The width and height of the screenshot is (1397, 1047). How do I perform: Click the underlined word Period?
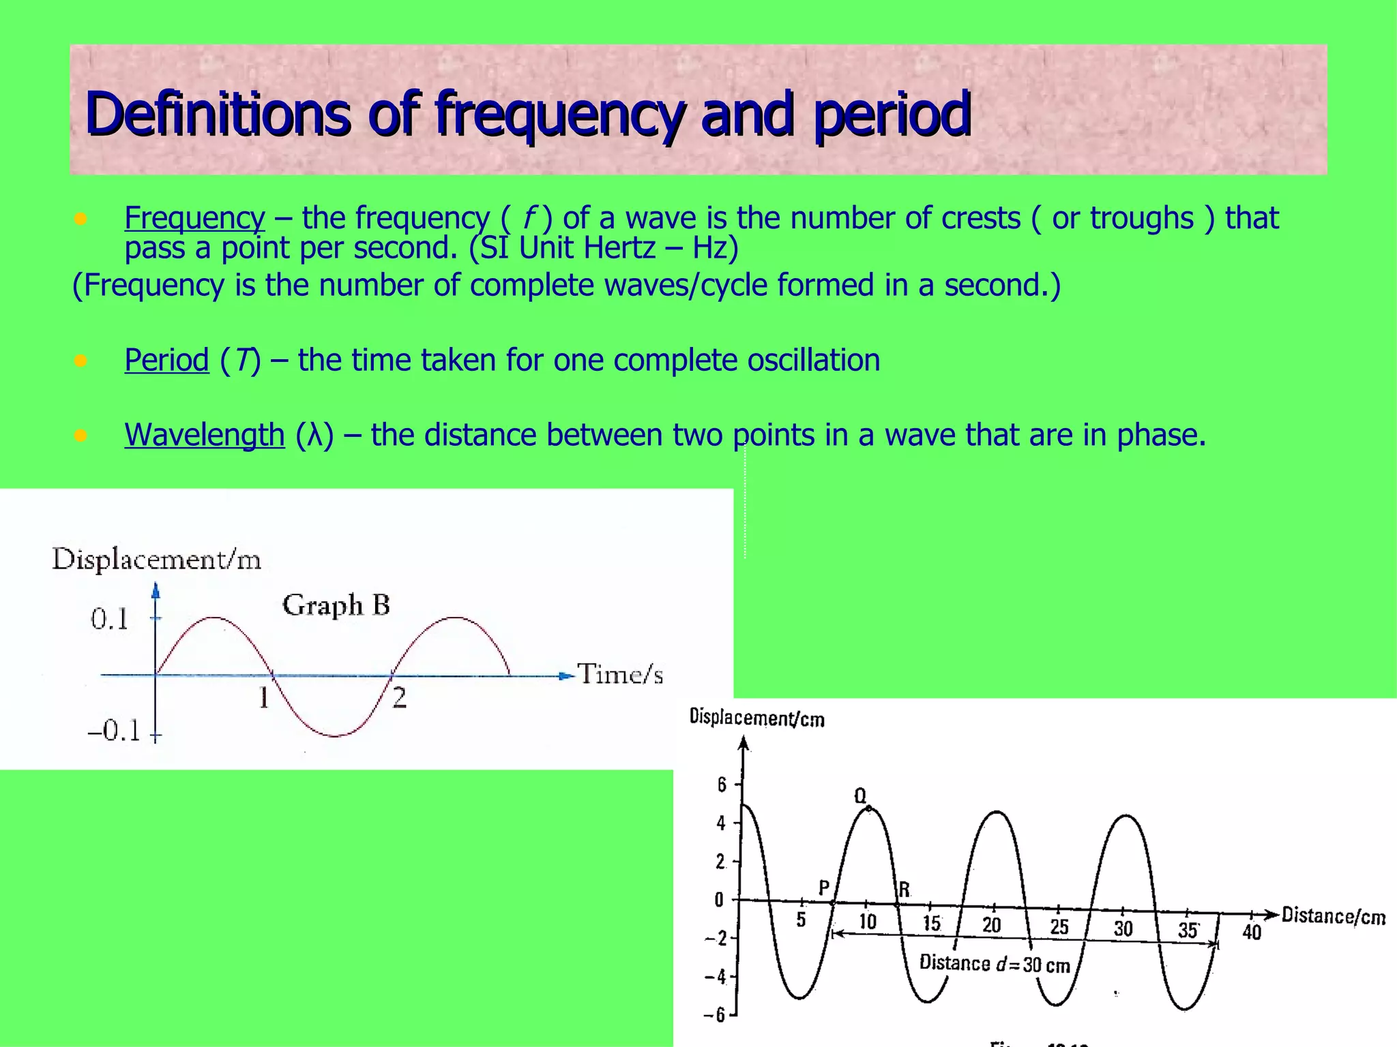pyautogui.click(x=166, y=360)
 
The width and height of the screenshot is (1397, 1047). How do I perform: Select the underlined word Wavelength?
pyautogui.click(x=204, y=435)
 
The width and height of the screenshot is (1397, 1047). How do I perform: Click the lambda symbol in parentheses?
pyautogui.click(x=314, y=435)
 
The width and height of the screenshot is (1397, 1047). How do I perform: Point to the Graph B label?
pyautogui.click(x=336, y=605)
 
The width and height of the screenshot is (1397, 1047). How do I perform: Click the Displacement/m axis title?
pyautogui.click(x=156, y=560)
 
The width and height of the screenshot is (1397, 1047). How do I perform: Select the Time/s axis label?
pyautogui.click(x=620, y=674)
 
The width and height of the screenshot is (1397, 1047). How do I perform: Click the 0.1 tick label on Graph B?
pyautogui.click(x=109, y=620)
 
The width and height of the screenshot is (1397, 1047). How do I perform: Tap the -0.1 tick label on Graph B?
pyautogui.click(x=114, y=731)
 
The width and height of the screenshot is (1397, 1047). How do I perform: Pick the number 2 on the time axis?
pyautogui.click(x=400, y=698)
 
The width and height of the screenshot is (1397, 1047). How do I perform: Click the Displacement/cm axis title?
pyautogui.click(x=756, y=718)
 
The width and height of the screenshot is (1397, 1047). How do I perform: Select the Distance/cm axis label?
pyautogui.click(x=1333, y=916)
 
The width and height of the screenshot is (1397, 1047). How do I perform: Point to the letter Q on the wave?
pyautogui.click(x=860, y=795)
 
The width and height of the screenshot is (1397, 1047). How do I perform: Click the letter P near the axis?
pyautogui.click(x=824, y=887)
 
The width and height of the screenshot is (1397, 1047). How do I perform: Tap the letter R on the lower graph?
pyautogui.click(x=905, y=890)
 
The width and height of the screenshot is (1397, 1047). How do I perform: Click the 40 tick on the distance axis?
pyautogui.click(x=1251, y=932)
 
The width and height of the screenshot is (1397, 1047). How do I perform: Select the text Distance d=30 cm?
pyautogui.click(x=995, y=964)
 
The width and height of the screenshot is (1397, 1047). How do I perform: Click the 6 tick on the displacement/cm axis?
pyautogui.click(x=722, y=785)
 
